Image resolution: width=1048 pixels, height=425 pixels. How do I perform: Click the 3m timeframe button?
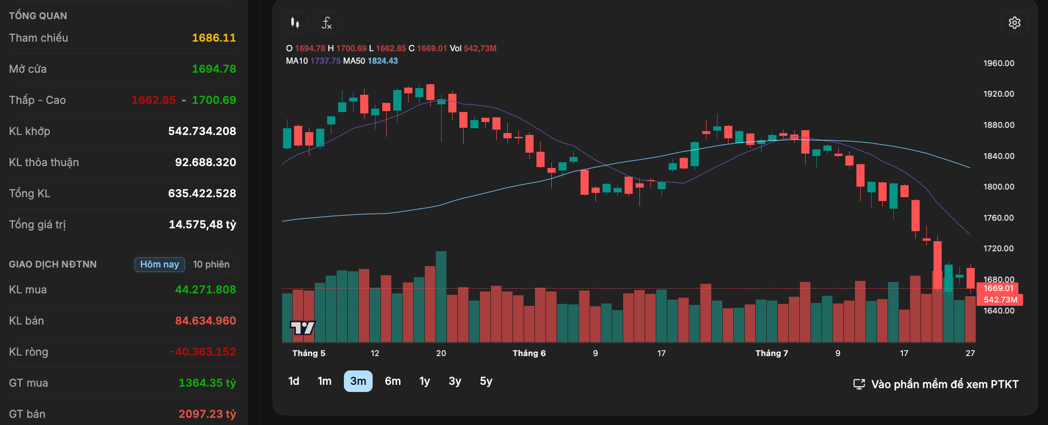point(358,381)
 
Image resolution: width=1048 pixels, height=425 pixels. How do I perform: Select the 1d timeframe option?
point(294,381)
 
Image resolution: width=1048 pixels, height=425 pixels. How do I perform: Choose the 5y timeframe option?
point(486,381)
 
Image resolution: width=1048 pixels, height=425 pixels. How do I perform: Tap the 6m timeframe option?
point(393,381)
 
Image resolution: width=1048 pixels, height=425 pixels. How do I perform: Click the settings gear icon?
point(1014,23)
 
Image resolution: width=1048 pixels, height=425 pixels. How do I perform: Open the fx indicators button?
point(326,23)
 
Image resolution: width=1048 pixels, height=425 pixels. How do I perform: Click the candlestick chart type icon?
point(295,23)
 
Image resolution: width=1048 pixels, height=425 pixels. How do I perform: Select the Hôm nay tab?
point(159,264)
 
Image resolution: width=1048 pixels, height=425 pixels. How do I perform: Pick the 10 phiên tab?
point(211,264)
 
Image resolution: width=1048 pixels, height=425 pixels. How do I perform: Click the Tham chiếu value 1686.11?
point(214,38)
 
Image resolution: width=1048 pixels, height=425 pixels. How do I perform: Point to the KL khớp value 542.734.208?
point(202,131)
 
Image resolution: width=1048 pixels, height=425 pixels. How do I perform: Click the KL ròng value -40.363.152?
point(203,352)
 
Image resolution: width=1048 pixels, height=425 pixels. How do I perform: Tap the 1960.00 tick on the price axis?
point(999,63)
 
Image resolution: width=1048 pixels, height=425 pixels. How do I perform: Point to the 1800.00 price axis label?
point(999,187)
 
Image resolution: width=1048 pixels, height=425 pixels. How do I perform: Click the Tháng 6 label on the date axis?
point(529,353)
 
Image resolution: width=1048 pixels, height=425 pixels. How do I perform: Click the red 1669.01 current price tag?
point(998,288)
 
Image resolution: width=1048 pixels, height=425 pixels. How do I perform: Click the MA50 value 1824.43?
point(383,61)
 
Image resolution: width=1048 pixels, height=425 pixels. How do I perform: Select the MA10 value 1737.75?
point(326,61)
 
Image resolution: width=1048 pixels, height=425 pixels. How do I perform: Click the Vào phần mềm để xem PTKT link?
point(936,384)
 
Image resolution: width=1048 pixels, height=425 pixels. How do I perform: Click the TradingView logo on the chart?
point(303,327)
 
